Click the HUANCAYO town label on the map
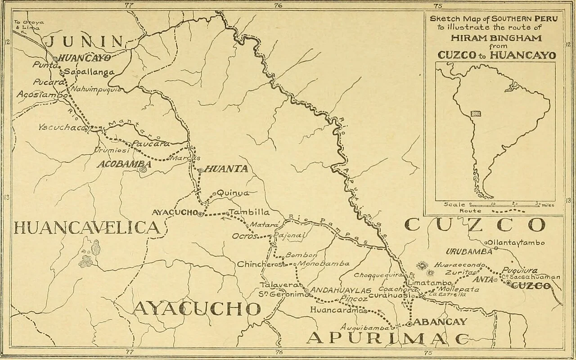tap(85, 58)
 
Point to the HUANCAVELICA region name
tap(86, 227)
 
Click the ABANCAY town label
tap(440, 322)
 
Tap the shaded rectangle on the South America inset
tap(475, 114)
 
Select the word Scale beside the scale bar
tap(454, 204)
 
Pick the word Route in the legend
tap(470, 211)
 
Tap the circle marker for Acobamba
tap(143, 170)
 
